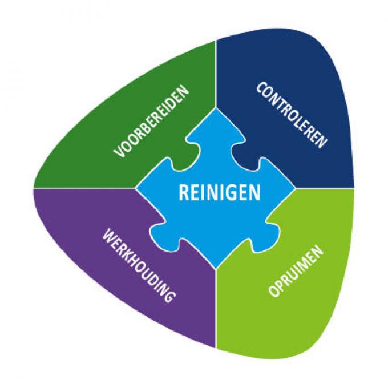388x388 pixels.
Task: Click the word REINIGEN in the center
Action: (x=220, y=192)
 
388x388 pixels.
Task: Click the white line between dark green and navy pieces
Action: (x=216, y=74)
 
